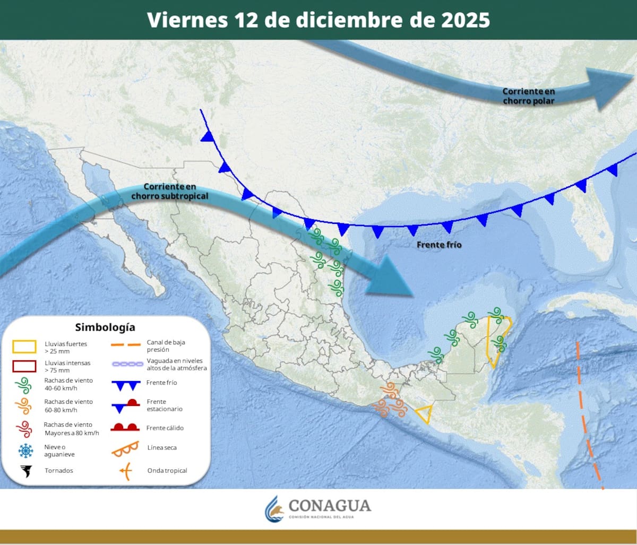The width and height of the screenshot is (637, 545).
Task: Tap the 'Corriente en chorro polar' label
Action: (528, 96)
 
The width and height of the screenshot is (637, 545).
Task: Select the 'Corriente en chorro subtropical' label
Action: (170, 192)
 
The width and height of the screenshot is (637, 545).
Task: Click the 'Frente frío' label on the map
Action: (439, 245)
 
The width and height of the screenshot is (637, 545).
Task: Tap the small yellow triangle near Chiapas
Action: (424, 413)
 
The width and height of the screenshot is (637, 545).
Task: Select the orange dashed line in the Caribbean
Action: (586, 419)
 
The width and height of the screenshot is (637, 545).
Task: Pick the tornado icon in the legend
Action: (25, 471)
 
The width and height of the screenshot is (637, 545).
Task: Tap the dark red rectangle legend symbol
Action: (24, 366)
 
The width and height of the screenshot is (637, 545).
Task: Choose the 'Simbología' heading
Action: (105, 327)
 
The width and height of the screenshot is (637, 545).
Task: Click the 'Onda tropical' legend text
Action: (167, 471)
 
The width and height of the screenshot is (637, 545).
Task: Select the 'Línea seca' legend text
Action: (162, 448)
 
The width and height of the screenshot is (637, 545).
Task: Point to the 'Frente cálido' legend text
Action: (165, 428)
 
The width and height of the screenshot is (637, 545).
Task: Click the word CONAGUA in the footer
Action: (330, 505)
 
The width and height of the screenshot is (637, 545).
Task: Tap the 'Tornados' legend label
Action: (59, 471)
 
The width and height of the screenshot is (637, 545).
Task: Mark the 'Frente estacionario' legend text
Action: (165, 405)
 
